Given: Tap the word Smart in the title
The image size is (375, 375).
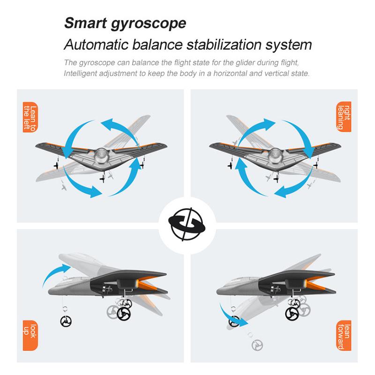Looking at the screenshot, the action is (85, 23).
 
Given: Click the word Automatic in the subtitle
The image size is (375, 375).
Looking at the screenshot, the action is (97, 45).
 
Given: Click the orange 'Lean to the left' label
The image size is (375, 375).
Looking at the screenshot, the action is (30, 117).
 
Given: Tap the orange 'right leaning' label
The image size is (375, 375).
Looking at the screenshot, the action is (344, 117).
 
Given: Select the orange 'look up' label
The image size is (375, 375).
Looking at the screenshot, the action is (30, 335).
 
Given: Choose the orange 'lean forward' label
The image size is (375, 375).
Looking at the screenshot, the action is (344, 335).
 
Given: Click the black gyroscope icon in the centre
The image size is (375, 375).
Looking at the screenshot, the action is (187, 225).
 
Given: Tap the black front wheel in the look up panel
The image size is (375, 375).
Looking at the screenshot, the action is (66, 321).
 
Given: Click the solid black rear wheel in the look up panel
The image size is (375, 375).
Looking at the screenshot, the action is (124, 313).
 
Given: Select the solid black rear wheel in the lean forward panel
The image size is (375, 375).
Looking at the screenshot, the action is (292, 313).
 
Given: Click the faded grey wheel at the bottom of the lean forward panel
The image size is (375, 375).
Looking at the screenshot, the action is (257, 345).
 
